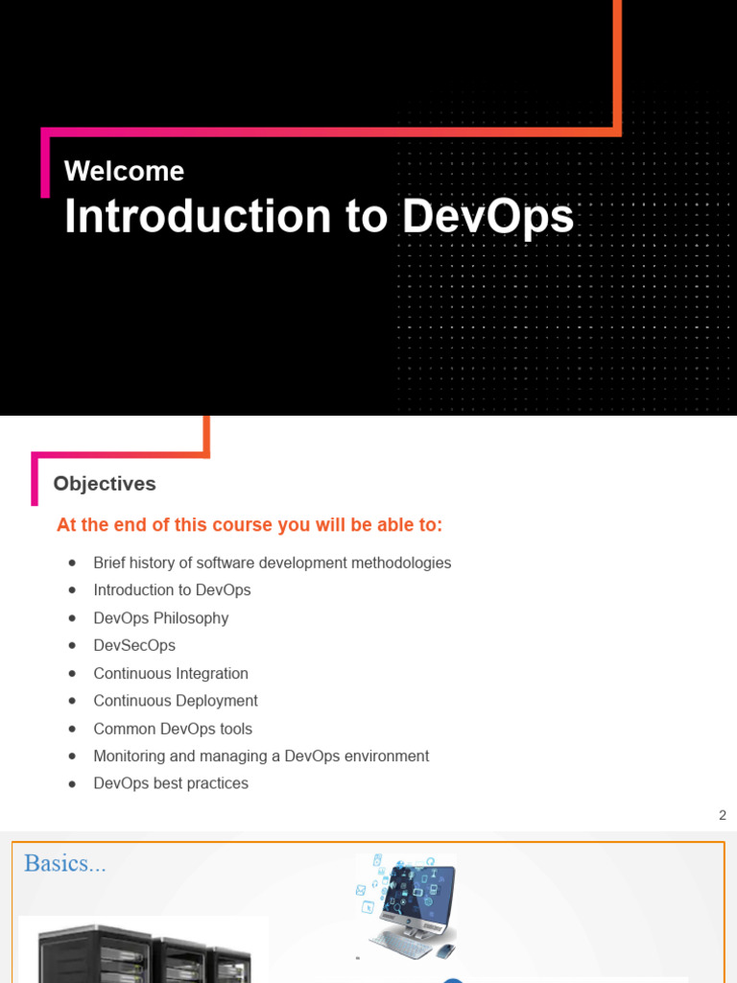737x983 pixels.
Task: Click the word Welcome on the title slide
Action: pyautogui.click(x=124, y=171)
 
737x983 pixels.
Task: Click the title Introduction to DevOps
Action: pyautogui.click(x=319, y=217)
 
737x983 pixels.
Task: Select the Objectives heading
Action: pyautogui.click(x=105, y=484)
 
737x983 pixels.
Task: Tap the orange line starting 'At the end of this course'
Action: pyautogui.click(x=250, y=525)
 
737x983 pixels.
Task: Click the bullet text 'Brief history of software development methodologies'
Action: pyautogui.click(x=272, y=563)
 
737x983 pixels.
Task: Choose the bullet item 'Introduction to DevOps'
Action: pyautogui.click(x=172, y=590)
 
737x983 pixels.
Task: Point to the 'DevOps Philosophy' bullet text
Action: pyautogui.click(x=161, y=618)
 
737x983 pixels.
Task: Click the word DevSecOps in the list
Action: pyautogui.click(x=134, y=646)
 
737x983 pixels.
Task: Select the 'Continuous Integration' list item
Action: pyautogui.click(x=171, y=674)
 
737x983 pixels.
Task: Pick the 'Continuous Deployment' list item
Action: pyautogui.click(x=176, y=701)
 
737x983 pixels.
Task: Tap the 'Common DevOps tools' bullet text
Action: pyautogui.click(x=173, y=729)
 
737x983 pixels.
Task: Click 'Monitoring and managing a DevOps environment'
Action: pyautogui.click(x=261, y=756)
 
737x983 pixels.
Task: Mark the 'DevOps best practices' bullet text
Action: pyautogui.click(x=171, y=783)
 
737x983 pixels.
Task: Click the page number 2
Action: pyautogui.click(x=723, y=815)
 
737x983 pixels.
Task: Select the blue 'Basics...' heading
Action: pyautogui.click(x=64, y=863)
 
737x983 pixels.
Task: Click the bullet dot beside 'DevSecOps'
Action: pyautogui.click(x=72, y=646)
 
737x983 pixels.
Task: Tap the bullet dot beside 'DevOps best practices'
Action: pyautogui.click(x=72, y=784)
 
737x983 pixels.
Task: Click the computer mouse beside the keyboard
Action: pyautogui.click(x=443, y=951)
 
